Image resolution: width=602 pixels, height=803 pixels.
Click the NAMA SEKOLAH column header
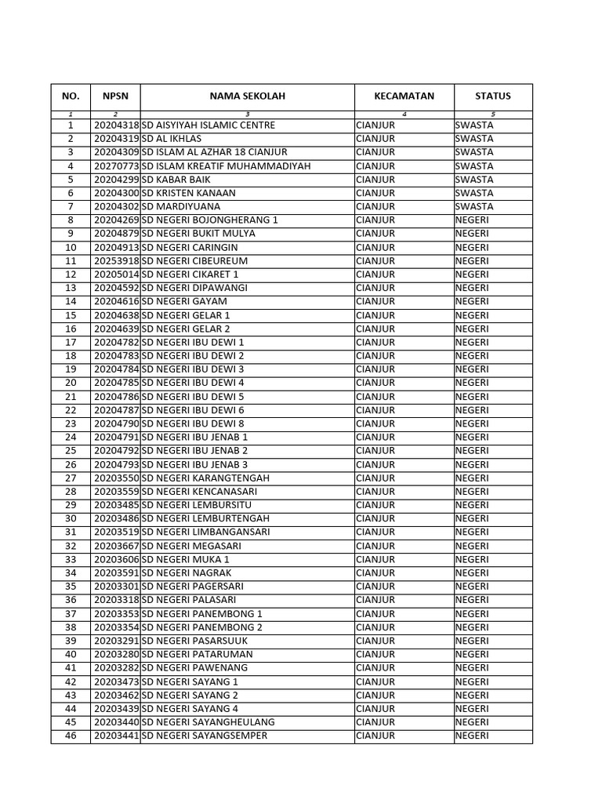(247, 96)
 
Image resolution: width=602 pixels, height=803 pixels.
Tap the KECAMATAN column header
(404, 96)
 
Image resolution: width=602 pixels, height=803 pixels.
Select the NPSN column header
(115, 96)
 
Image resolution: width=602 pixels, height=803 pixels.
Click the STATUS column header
(492, 96)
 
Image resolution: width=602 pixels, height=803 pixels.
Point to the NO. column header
(71, 96)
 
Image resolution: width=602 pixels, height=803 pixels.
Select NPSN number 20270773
(116, 166)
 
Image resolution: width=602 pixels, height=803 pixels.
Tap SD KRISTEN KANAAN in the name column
(188, 193)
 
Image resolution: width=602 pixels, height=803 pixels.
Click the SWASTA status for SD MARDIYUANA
(473, 206)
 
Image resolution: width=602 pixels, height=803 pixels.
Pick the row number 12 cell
(71, 274)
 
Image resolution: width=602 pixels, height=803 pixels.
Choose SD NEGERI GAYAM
(184, 301)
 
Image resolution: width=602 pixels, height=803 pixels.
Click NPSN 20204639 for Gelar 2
(116, 329)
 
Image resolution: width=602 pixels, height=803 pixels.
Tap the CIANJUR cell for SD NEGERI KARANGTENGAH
(375, 478)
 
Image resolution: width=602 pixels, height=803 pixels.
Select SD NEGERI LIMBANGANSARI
(205, 532)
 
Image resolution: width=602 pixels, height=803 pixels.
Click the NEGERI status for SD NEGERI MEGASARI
(471, 546)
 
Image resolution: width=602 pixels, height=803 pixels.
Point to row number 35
(71, 587)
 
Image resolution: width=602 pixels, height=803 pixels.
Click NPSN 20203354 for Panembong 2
(116, 627)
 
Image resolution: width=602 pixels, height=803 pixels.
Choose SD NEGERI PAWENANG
(194, 668)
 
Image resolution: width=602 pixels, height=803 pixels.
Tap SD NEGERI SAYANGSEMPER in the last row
(204, 736)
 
